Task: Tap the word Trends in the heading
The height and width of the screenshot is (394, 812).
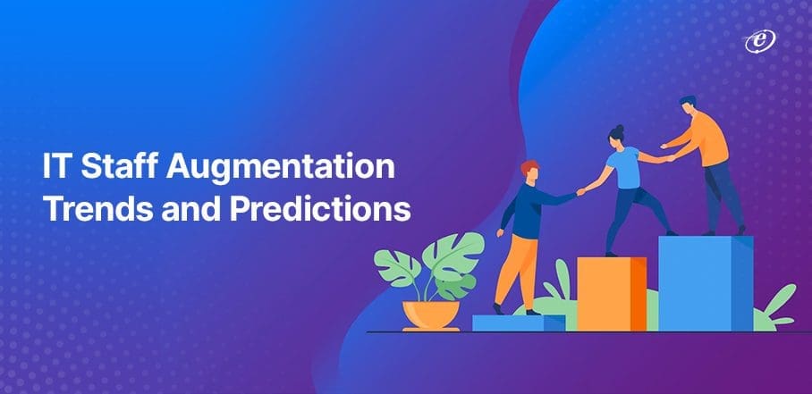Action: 97,210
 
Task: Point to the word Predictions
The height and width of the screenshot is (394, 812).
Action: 320,210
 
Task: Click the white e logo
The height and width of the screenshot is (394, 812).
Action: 760,41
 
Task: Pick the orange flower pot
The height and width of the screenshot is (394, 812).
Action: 431,315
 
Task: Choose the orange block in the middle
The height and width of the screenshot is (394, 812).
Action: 611,294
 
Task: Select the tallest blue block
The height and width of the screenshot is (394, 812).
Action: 706,283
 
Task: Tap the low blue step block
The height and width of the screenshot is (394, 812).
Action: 519,323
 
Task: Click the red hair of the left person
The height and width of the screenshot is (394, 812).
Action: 529,167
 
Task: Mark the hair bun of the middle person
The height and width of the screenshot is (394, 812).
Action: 620,129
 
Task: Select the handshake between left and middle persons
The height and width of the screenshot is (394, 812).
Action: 581,192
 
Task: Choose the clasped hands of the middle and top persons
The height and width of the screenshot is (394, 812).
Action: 669,158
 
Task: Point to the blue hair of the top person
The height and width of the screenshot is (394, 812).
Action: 688,100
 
